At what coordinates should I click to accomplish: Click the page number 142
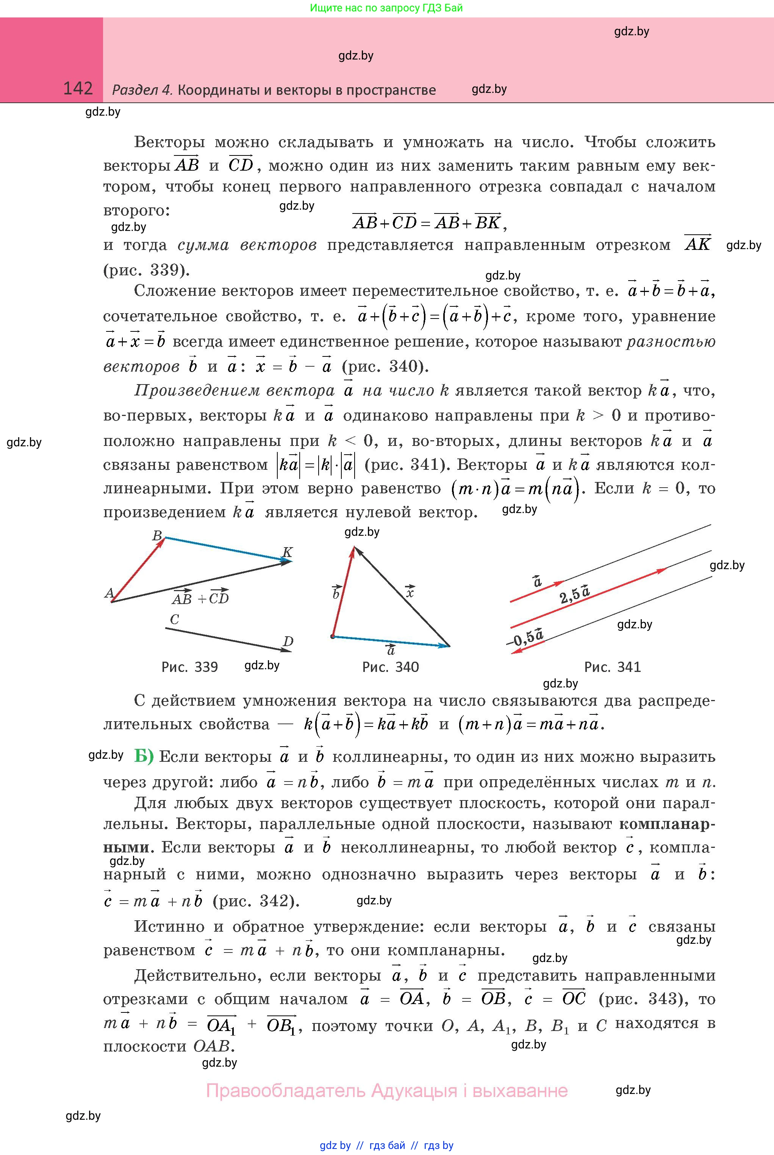coord(78,88)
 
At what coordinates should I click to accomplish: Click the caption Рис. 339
coord(189,667)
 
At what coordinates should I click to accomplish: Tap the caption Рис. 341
coord(612,667)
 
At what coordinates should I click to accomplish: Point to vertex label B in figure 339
coord(157,535)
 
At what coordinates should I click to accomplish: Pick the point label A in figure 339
coord(109,593)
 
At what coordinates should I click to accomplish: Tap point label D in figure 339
coord(288,641)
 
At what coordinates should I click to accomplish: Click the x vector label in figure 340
coord(410,591)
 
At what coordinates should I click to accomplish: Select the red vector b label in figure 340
coord(336,592)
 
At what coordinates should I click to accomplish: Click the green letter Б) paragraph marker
coord(144,756)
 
